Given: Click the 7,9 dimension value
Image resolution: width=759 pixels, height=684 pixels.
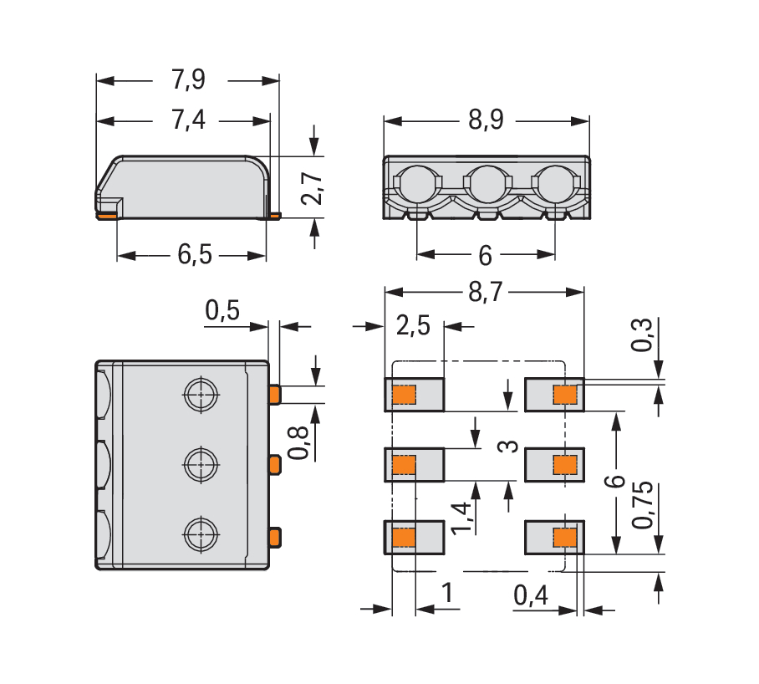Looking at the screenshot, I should pos(188,80).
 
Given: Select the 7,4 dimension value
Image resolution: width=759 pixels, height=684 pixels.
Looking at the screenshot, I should pos(188,120).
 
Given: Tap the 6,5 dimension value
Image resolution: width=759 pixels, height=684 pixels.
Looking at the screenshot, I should pos(194,255).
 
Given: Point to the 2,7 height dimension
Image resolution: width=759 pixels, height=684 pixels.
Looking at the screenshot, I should pos(312,189).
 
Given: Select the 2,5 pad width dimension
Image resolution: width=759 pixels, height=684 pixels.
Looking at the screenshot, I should pos(413,326).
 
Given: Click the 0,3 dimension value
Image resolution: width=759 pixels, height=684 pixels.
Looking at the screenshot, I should pos(643,338).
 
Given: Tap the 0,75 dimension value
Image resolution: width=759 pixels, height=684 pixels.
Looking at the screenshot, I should pos(643,506).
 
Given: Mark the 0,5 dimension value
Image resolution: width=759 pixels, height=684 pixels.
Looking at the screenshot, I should pos(222,311).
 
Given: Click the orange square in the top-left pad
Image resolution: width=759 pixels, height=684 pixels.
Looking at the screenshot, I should pos(405,394).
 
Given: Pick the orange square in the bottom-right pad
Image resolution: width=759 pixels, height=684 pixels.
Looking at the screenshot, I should pos(566,536).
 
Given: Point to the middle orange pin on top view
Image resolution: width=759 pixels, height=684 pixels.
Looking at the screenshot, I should pos(274,462).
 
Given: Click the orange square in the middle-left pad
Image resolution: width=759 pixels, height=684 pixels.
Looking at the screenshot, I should pos(405,464).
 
